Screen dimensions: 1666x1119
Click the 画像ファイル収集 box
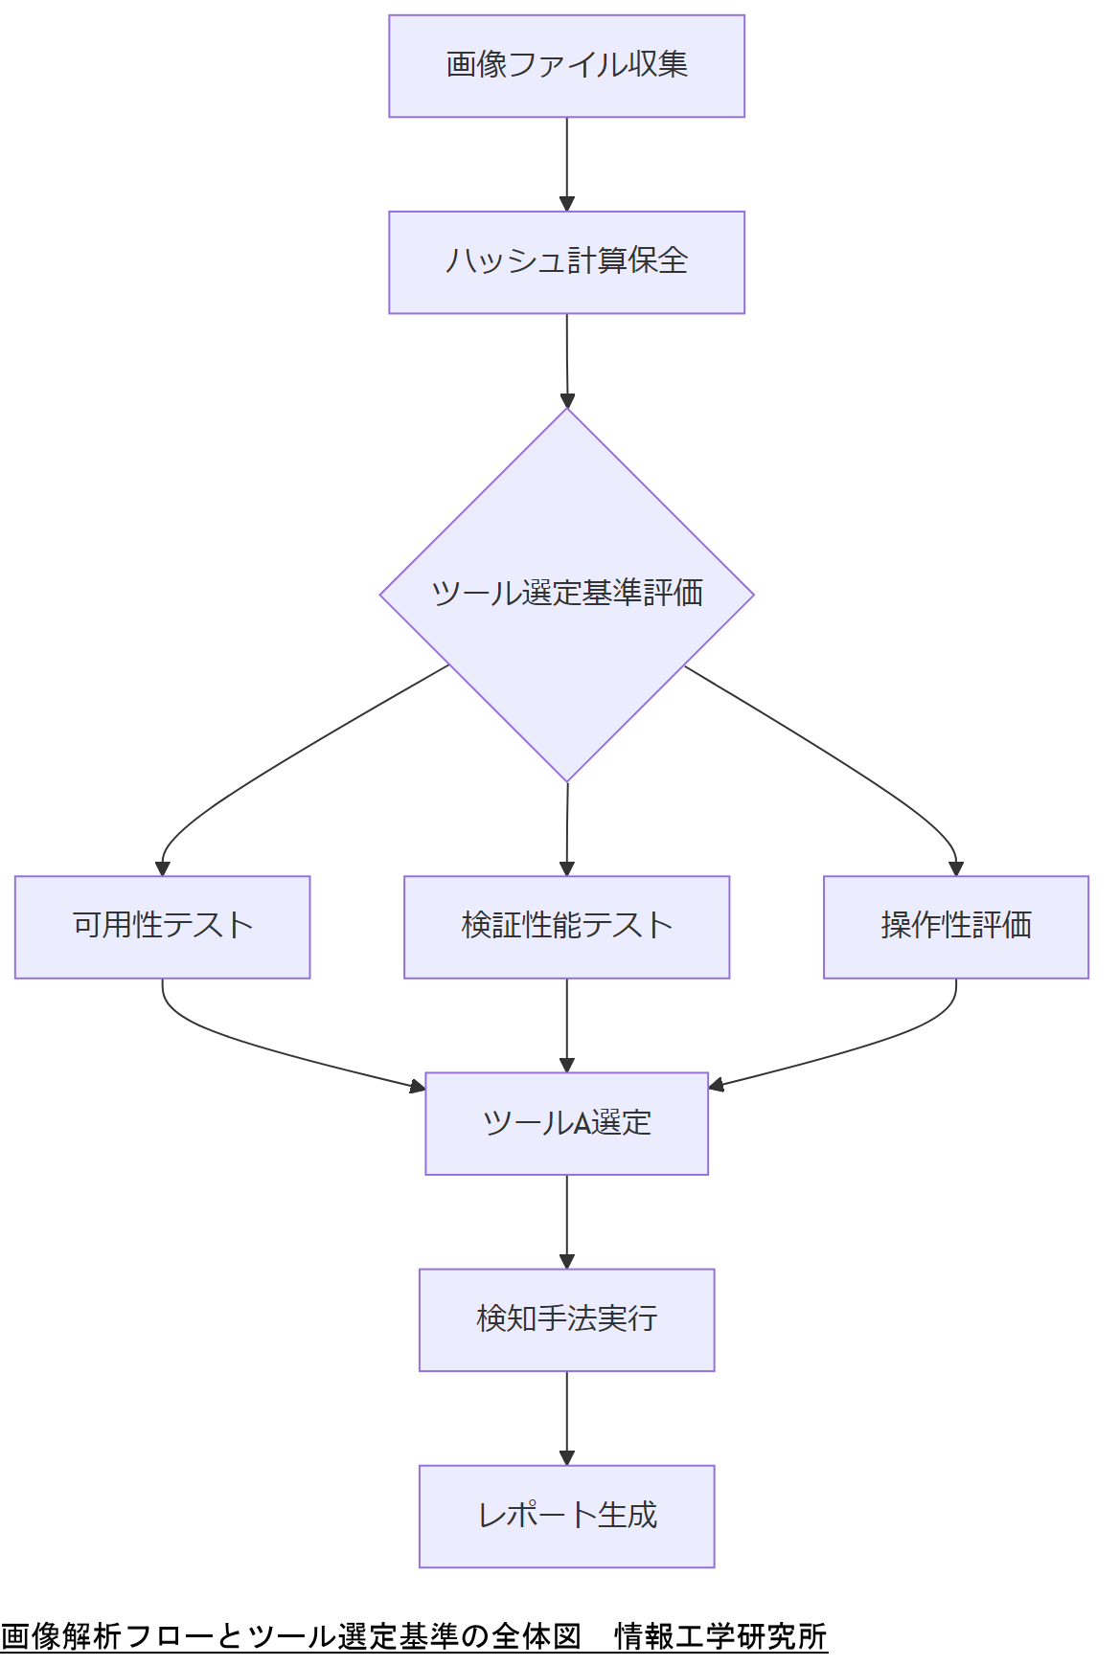566,66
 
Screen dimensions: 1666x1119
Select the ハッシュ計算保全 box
566,262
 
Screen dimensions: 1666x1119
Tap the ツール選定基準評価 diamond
566,595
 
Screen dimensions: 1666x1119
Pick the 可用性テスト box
162,927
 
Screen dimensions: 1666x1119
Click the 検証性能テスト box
566,927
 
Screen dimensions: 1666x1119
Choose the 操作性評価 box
955,927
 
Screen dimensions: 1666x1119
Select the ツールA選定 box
566,1123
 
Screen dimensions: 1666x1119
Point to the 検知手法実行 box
566,1319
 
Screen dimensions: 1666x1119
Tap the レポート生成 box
566,1516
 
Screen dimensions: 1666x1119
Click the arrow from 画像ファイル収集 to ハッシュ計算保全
566,163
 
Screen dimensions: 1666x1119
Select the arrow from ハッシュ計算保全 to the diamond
566,359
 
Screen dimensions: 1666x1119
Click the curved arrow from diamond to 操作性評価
843,761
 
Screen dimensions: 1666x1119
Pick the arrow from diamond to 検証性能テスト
566,828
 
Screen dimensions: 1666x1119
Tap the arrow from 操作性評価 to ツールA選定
862,1048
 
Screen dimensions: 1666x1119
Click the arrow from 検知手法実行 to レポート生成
566,1417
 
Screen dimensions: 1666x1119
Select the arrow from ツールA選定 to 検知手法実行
566,1221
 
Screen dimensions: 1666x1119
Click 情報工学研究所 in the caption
720,1636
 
